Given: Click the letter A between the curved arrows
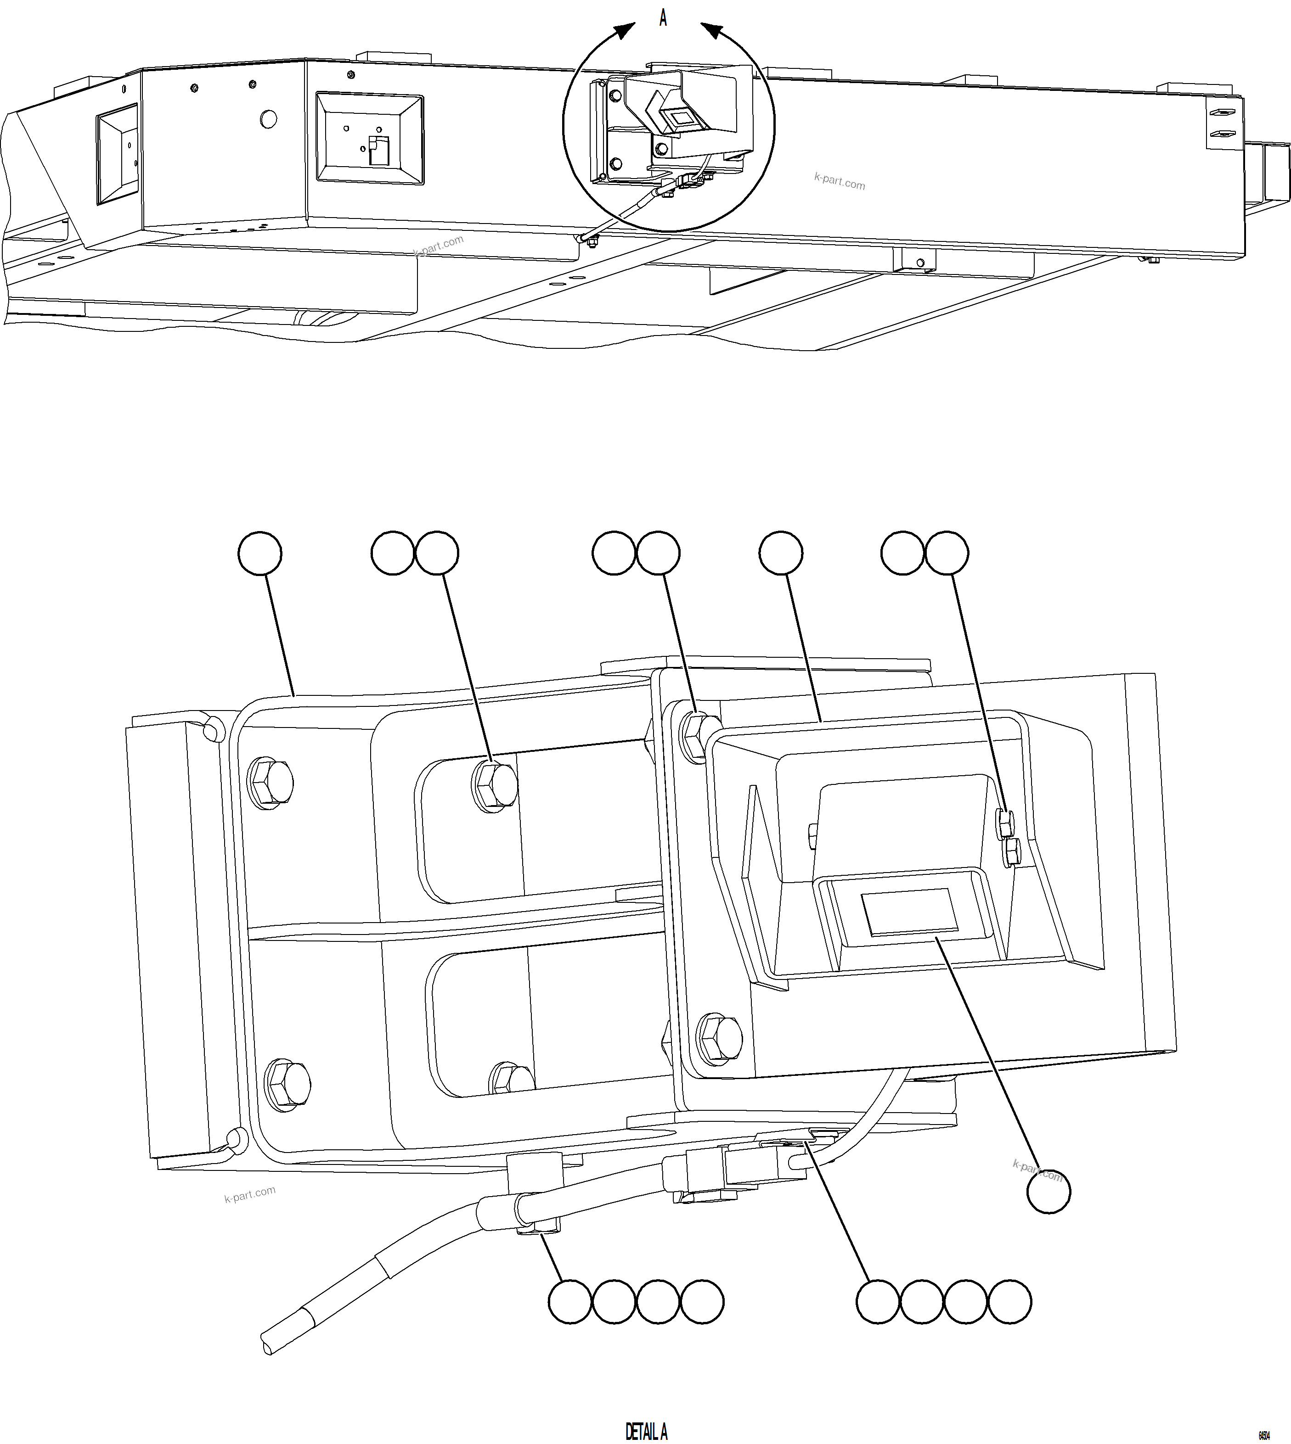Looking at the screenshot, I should pyautogui.click(x=663, y=18).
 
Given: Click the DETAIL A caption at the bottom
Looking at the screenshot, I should pyautogui.click(x=646, y=1431).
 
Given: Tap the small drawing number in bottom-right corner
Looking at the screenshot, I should pyautogui.click(x=1264, y=1435).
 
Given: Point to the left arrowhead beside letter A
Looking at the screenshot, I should pyautogui.click(x=624, y=31).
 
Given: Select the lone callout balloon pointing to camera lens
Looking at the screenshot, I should pyautogui.click(x=1049, y=1192).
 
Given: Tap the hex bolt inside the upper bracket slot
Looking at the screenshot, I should pyautogui.click(x=494, y=785).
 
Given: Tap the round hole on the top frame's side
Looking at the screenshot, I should pyautogui.click(x=268, y=119).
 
